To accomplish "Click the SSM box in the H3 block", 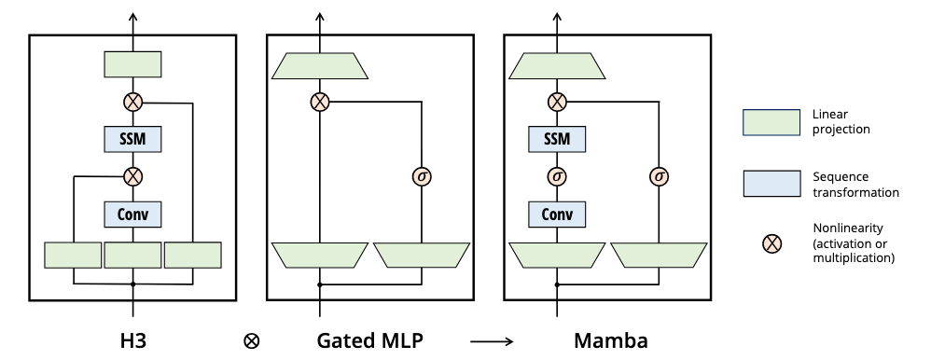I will (132, 139).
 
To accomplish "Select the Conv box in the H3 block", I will (132, 215).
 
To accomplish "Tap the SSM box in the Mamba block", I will (557, 139).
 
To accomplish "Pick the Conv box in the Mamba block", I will (557, 215).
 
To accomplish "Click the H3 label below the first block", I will (132, 340).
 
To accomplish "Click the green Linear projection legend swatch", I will (771, 121).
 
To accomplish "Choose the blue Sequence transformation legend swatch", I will (771, 184).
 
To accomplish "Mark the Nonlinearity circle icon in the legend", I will (771, 243).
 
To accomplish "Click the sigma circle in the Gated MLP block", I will (423, 175).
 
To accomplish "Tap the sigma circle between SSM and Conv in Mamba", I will (557, 175).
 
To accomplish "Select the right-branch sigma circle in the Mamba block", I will (660, 175).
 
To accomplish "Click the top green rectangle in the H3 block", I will (132, 64).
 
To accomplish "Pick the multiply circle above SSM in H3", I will (132, 102).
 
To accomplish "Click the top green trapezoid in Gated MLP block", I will (320, 64).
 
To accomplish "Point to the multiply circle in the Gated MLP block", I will (320, 102).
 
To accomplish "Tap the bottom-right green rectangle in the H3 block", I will (192, 255).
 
